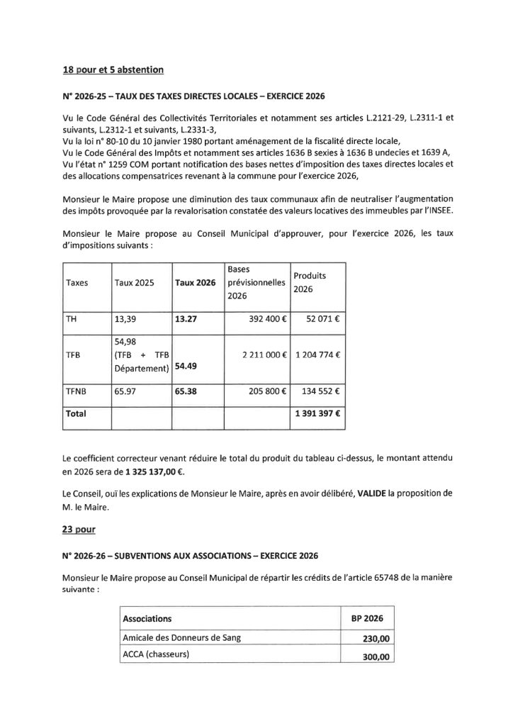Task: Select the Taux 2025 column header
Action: [x=134, y=282]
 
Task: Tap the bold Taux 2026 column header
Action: [x=195, y=282]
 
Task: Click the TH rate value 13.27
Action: [x=185, y=319]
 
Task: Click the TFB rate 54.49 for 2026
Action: [x=186, y=367]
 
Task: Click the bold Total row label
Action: [x=75, y=412]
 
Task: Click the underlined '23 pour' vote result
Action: [x=77, y=528]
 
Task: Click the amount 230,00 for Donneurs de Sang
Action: [x=376, y=638]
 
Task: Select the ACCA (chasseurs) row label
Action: [x=157, y=656]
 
